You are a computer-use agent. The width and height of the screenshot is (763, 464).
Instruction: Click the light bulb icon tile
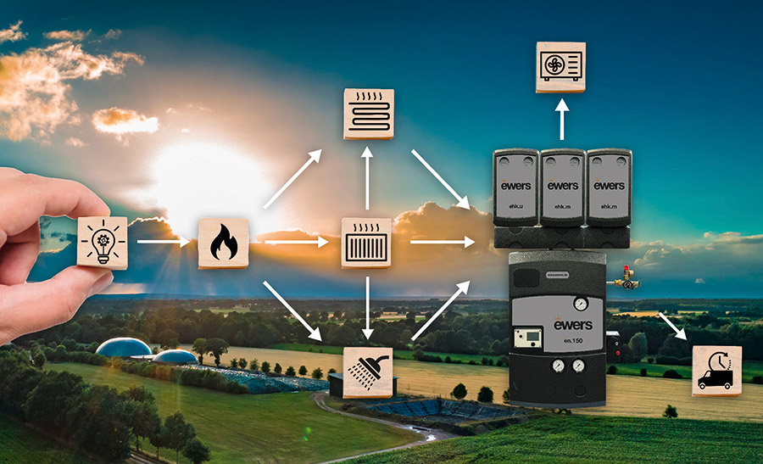(103, 243)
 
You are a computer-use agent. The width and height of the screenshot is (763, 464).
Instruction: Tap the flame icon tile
(223, 243)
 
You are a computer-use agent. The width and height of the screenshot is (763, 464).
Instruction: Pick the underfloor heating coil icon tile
(368, 113)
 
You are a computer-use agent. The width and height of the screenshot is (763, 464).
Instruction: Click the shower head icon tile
(368, 372)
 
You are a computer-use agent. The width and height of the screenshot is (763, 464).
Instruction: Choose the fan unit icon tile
(560, 65)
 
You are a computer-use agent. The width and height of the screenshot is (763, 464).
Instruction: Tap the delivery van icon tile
(716, 371)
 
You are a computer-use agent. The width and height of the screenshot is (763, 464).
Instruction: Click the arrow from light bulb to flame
(163, 243)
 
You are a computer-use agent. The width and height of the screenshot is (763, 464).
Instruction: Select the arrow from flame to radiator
(295, 243)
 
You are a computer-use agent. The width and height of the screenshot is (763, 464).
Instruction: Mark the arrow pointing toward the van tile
(674, 326)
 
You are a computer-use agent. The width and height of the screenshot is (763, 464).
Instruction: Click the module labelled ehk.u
(515, 188)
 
